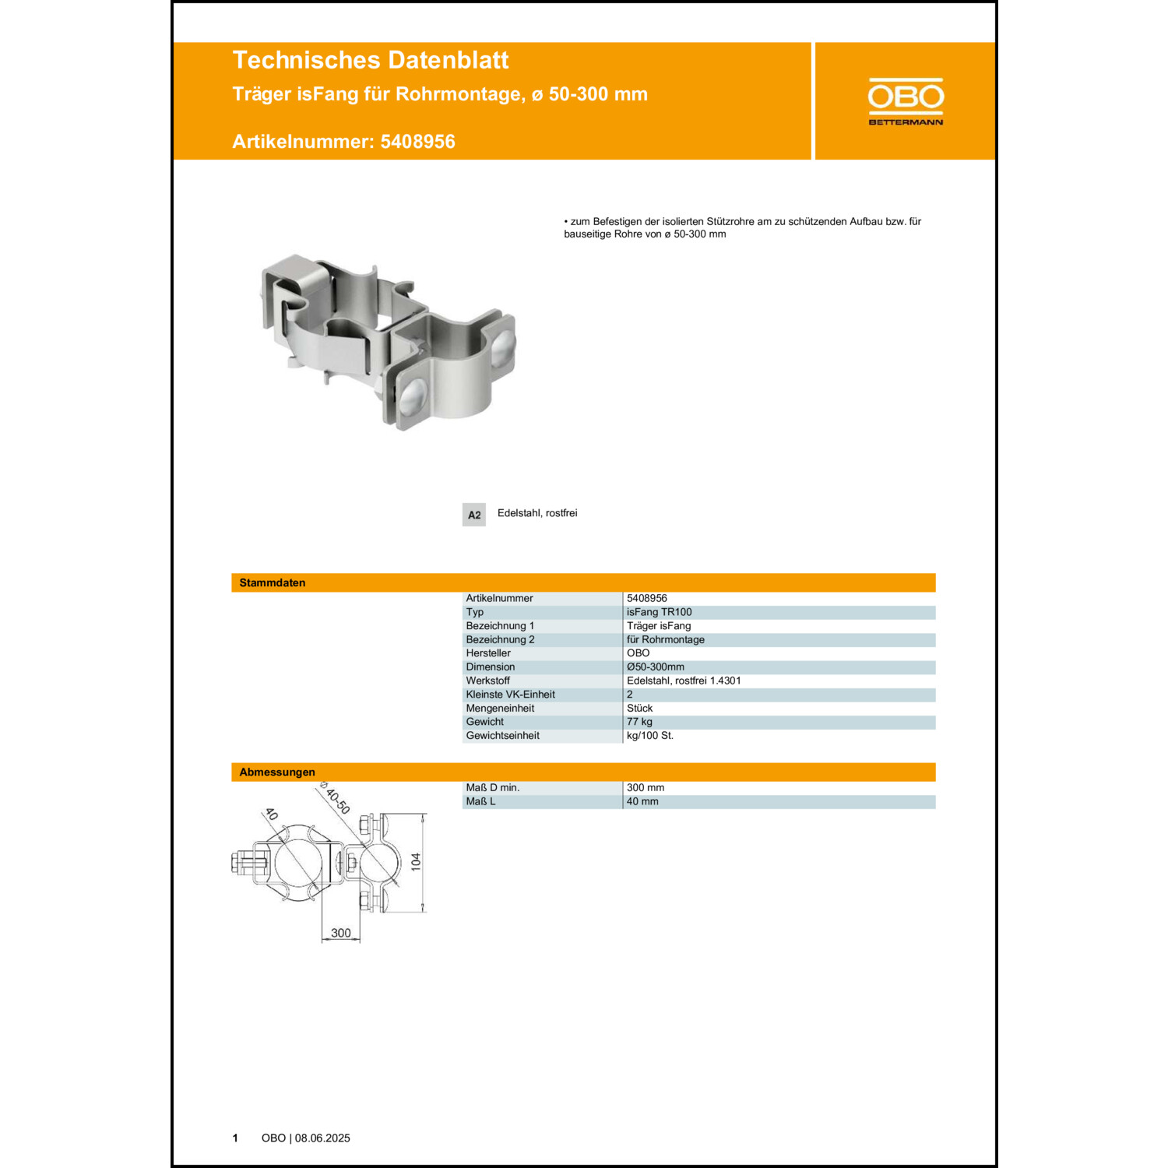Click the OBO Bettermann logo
(906, 101)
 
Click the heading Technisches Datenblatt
(370, 60)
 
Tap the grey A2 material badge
(473, 515)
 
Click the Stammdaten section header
(272, 582)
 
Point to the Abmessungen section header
(276, 772)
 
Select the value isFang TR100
(659, 612)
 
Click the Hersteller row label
(488, 653)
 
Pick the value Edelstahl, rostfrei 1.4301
(684, 681)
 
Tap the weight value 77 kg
(639, 722)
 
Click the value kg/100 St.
(649, 735)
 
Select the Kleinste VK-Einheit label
(510, 695)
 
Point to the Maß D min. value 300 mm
(646, 787)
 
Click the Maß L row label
(480, 801)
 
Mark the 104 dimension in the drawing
(416, 861)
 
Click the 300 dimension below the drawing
(340, 933)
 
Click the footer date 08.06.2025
(322, 1138)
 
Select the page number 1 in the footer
(235, 1138)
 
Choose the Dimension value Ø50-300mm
(655, 667)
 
